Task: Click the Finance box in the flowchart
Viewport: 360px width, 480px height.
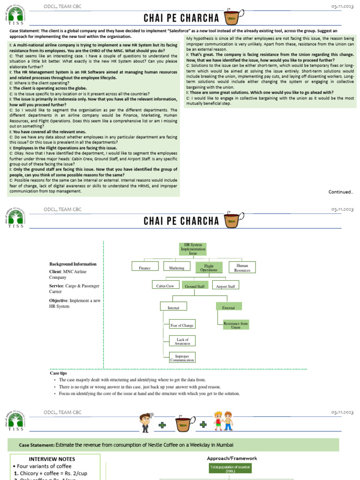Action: pos(145,268)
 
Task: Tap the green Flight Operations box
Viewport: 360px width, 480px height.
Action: pos(209,268)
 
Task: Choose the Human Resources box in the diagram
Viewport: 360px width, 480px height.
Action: pos(242,268)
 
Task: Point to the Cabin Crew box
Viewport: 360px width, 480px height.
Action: pos(165,285)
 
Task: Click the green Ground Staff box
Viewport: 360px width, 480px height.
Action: pos(195,285)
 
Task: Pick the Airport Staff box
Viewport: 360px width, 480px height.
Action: pos(226,285)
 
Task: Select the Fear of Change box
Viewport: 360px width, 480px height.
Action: pos(182,325)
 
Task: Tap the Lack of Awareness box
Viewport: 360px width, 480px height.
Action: pos(182,341)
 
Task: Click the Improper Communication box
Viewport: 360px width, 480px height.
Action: pos(182,358)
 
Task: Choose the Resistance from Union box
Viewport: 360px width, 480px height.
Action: pos(235,325)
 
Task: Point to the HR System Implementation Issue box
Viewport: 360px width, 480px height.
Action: pos(193,249)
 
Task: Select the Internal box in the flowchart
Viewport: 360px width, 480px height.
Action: pos(173,307)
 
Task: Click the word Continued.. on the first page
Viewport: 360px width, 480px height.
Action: pos(341,191)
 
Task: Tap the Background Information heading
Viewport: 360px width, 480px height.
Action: pos(73,264)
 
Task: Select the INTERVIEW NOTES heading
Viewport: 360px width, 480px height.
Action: pos(52,459)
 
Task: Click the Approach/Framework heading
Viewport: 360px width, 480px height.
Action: pos(232,458)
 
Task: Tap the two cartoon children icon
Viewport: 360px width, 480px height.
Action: pos(223,421)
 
